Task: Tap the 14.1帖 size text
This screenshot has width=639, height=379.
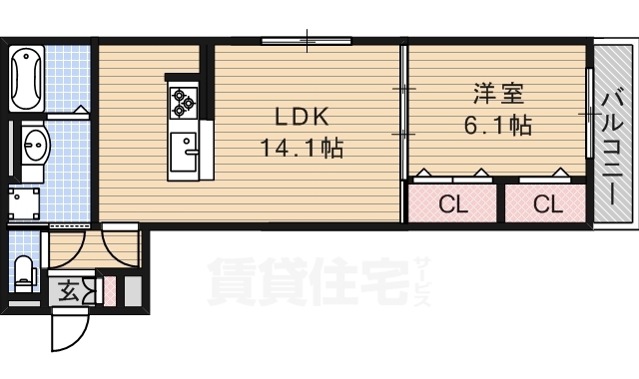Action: tap(302, 149)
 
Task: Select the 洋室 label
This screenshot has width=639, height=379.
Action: tap(496, 96)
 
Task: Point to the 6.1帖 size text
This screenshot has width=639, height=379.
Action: tap(496, 126)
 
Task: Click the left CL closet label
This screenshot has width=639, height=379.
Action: tap(453, 205)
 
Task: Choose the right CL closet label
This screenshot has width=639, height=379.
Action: tap(546, 205)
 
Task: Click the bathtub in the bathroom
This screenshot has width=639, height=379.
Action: tap(26, 76)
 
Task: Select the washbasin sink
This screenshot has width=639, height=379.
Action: tap(33, 144)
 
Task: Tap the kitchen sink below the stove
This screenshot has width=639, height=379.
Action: tap(185, 152)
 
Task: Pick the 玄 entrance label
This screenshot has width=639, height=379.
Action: tap(69, 291)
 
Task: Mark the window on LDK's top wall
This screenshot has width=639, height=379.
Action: tap(308, 42)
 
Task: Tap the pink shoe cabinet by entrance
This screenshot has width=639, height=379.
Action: tap(110, 291)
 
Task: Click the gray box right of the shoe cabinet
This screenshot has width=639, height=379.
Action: tap(131, 291)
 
